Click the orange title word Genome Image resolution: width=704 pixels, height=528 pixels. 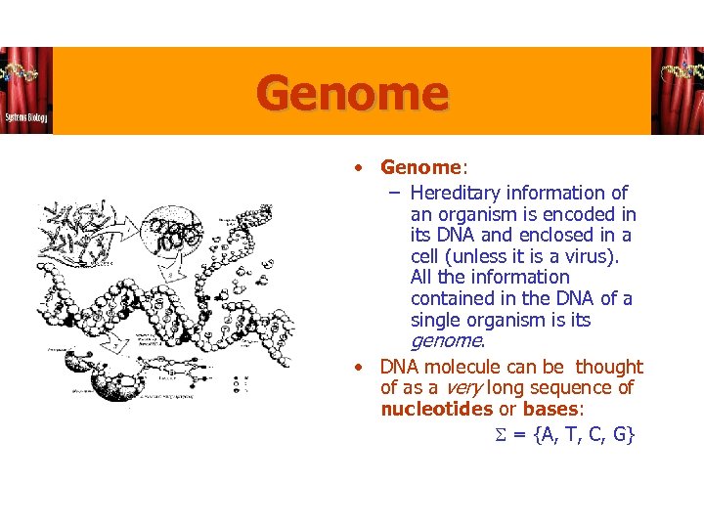[353, 95]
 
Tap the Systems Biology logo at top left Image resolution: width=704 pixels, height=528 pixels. [26, 91]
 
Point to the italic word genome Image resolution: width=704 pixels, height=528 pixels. [446, 341]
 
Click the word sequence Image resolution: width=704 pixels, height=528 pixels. [557, 387]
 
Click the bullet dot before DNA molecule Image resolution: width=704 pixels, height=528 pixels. [360, 368]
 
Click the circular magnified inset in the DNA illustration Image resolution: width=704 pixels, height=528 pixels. [178, 236]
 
